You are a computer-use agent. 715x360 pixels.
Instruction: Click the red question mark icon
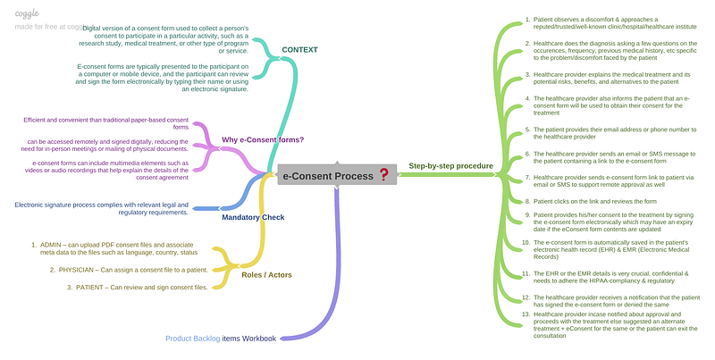point(383,175)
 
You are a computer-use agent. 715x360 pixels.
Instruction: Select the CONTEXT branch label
point(299,49)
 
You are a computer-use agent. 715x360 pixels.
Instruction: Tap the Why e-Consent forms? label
point(263,139)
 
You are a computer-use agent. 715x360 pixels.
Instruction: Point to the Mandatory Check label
point(253,216)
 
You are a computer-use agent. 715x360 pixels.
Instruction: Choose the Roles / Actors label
point(266,274)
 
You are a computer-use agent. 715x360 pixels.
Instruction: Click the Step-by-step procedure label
point(450,166)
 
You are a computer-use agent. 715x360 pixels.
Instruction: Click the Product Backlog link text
point(192,339)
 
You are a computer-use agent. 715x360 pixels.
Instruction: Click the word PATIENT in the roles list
point(93,288)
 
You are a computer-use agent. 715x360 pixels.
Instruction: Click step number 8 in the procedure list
point(527,202)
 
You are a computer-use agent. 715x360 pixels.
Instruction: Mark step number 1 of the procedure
point(527,19)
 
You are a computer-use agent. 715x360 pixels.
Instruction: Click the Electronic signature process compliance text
point(101,209)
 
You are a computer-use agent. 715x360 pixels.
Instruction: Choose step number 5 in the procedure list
point(527,129)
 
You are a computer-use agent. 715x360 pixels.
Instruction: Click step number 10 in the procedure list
point(526,241)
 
